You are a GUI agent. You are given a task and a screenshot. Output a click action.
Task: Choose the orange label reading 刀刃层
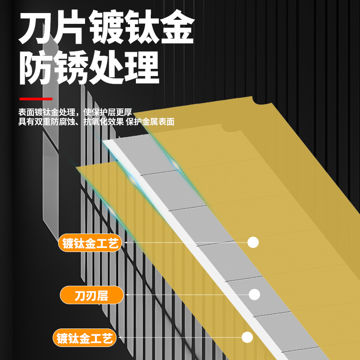(92, 296)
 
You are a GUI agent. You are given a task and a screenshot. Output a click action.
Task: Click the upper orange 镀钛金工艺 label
(90, 243)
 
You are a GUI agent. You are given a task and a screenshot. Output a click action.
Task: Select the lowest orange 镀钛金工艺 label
(85, 337)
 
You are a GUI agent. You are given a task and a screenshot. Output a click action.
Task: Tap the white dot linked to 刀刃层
(255, 295)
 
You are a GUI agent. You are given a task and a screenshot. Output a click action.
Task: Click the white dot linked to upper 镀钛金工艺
(253, 243)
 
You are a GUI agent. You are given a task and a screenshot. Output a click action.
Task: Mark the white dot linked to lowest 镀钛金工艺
(247, 337)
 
